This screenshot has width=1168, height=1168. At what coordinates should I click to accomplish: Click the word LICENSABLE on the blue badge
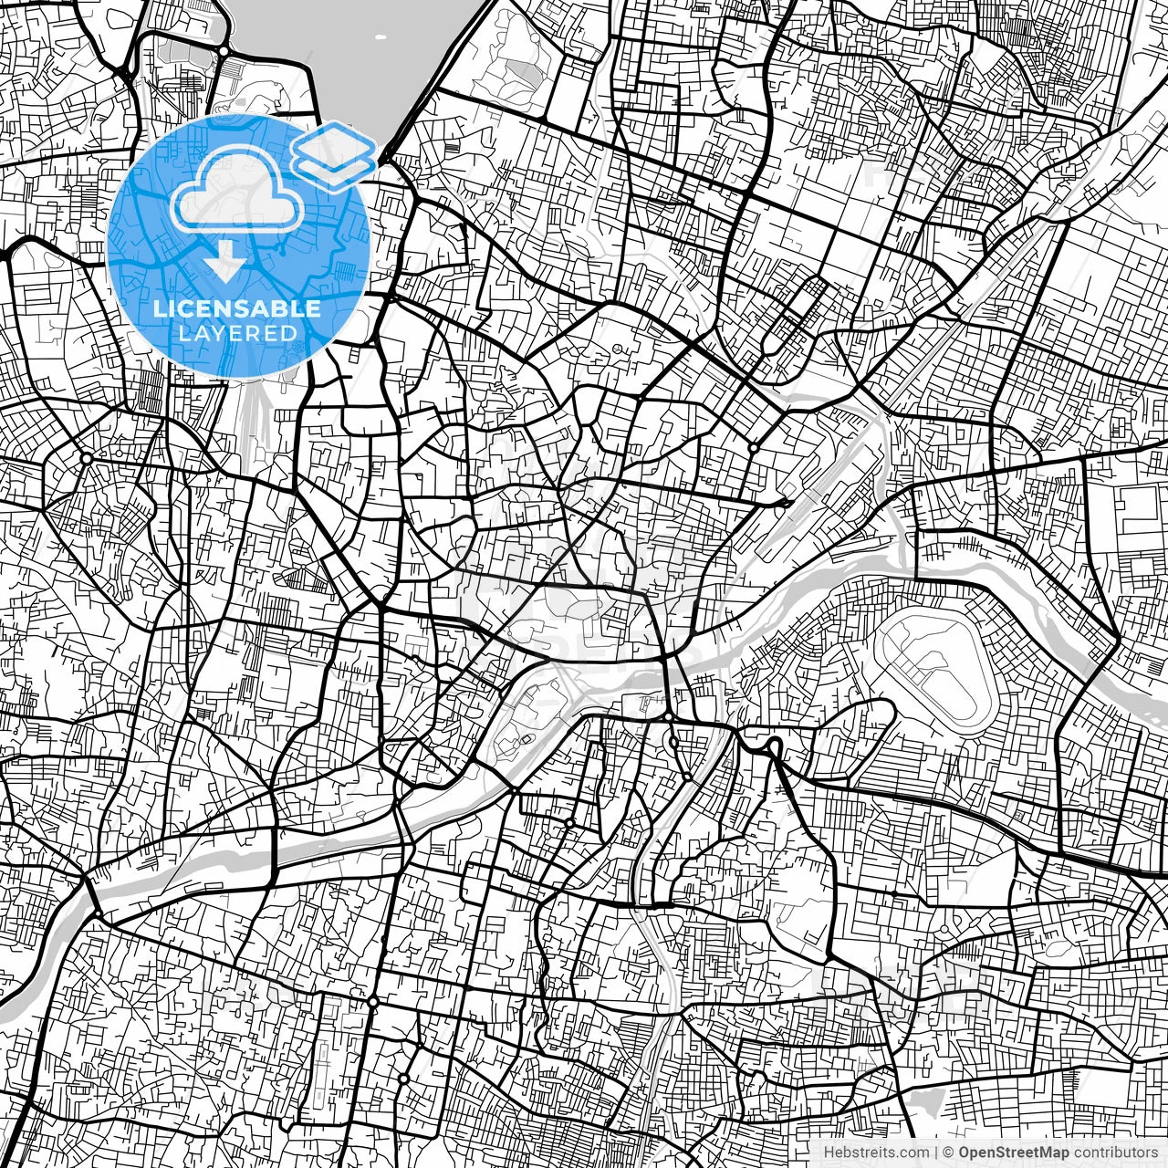pyautogui.click(x=237, y=308)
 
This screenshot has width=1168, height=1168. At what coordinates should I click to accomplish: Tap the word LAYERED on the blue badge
pyautogui.click(x=237, y=333)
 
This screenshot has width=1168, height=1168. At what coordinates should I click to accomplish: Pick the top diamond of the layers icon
pyautogui.click(x=334, y=142)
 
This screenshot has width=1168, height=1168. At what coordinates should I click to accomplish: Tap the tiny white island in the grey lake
pyautogui.click(x=380, y=38)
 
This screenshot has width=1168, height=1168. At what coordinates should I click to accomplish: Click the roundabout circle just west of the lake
pyautogui.click(x=223, y=51)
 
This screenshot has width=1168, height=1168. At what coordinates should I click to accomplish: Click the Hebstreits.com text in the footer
pyautogui.click(x=876, y=1152)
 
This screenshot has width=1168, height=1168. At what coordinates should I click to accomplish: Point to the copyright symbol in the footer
pyautogui.click(x=948, y=1152)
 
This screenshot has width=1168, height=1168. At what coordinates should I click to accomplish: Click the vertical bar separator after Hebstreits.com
pyautogui.click(x=936, y=1152)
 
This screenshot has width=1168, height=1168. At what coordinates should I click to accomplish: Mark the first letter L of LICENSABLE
pyautogui.click(x=158, y=308)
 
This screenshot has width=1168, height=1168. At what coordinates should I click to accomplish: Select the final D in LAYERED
pyautogui.click(x=290, y=333)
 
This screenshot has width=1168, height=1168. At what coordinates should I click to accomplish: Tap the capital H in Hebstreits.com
pyautogui.click(x=828, y=1152)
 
